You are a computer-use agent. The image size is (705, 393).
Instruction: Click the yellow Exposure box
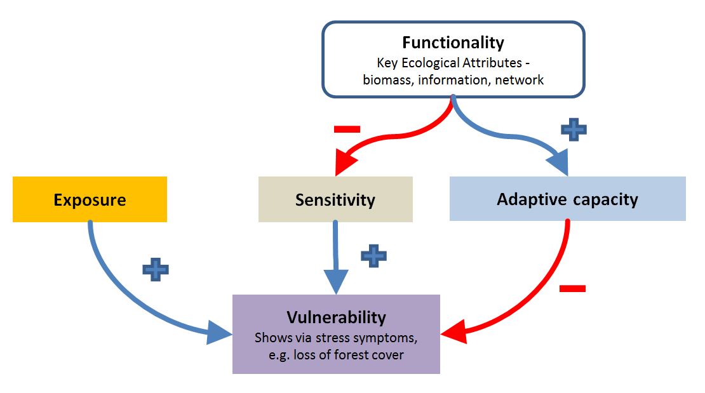point(90,199)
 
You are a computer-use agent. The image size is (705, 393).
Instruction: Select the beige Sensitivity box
point(335,199)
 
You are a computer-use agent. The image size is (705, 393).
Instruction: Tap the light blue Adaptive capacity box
point(567,198)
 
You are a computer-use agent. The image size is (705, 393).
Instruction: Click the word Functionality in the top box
point(453,43)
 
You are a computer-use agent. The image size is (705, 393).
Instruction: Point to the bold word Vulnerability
point(337,317)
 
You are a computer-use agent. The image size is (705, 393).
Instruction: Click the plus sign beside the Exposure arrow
point(156,270)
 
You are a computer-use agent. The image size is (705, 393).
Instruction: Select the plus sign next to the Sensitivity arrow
point(373,256)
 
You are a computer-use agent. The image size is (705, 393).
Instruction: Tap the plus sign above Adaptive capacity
point(574,130)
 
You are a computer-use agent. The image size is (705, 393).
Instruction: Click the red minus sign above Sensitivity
point(347,130)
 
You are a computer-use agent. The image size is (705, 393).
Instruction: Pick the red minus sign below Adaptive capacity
point(572,288)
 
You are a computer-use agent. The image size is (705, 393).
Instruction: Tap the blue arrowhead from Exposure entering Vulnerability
point(219,333)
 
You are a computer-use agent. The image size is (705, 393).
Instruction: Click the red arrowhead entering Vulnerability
point(453,332)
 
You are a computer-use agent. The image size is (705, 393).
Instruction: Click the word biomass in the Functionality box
point(389,79)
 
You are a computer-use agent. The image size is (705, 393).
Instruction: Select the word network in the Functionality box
point(519,79)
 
